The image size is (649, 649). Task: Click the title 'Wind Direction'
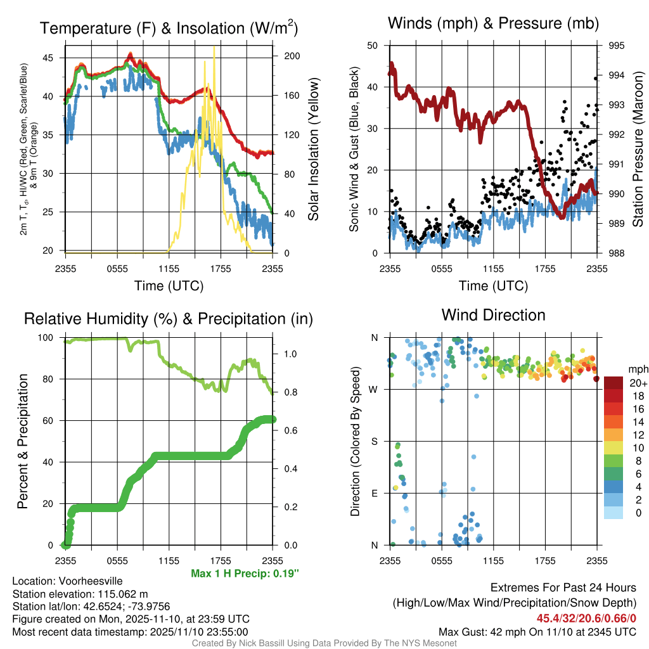493,315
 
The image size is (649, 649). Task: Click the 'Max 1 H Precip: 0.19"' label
245,574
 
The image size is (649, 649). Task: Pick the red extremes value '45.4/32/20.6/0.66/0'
586,618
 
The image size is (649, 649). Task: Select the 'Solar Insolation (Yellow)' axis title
313,149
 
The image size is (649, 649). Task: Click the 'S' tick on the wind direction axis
375,441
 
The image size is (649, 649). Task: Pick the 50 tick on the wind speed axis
375,46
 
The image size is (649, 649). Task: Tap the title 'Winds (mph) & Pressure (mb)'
493,23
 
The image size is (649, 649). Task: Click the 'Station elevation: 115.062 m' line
80,594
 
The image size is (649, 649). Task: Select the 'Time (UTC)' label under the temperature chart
169,286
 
